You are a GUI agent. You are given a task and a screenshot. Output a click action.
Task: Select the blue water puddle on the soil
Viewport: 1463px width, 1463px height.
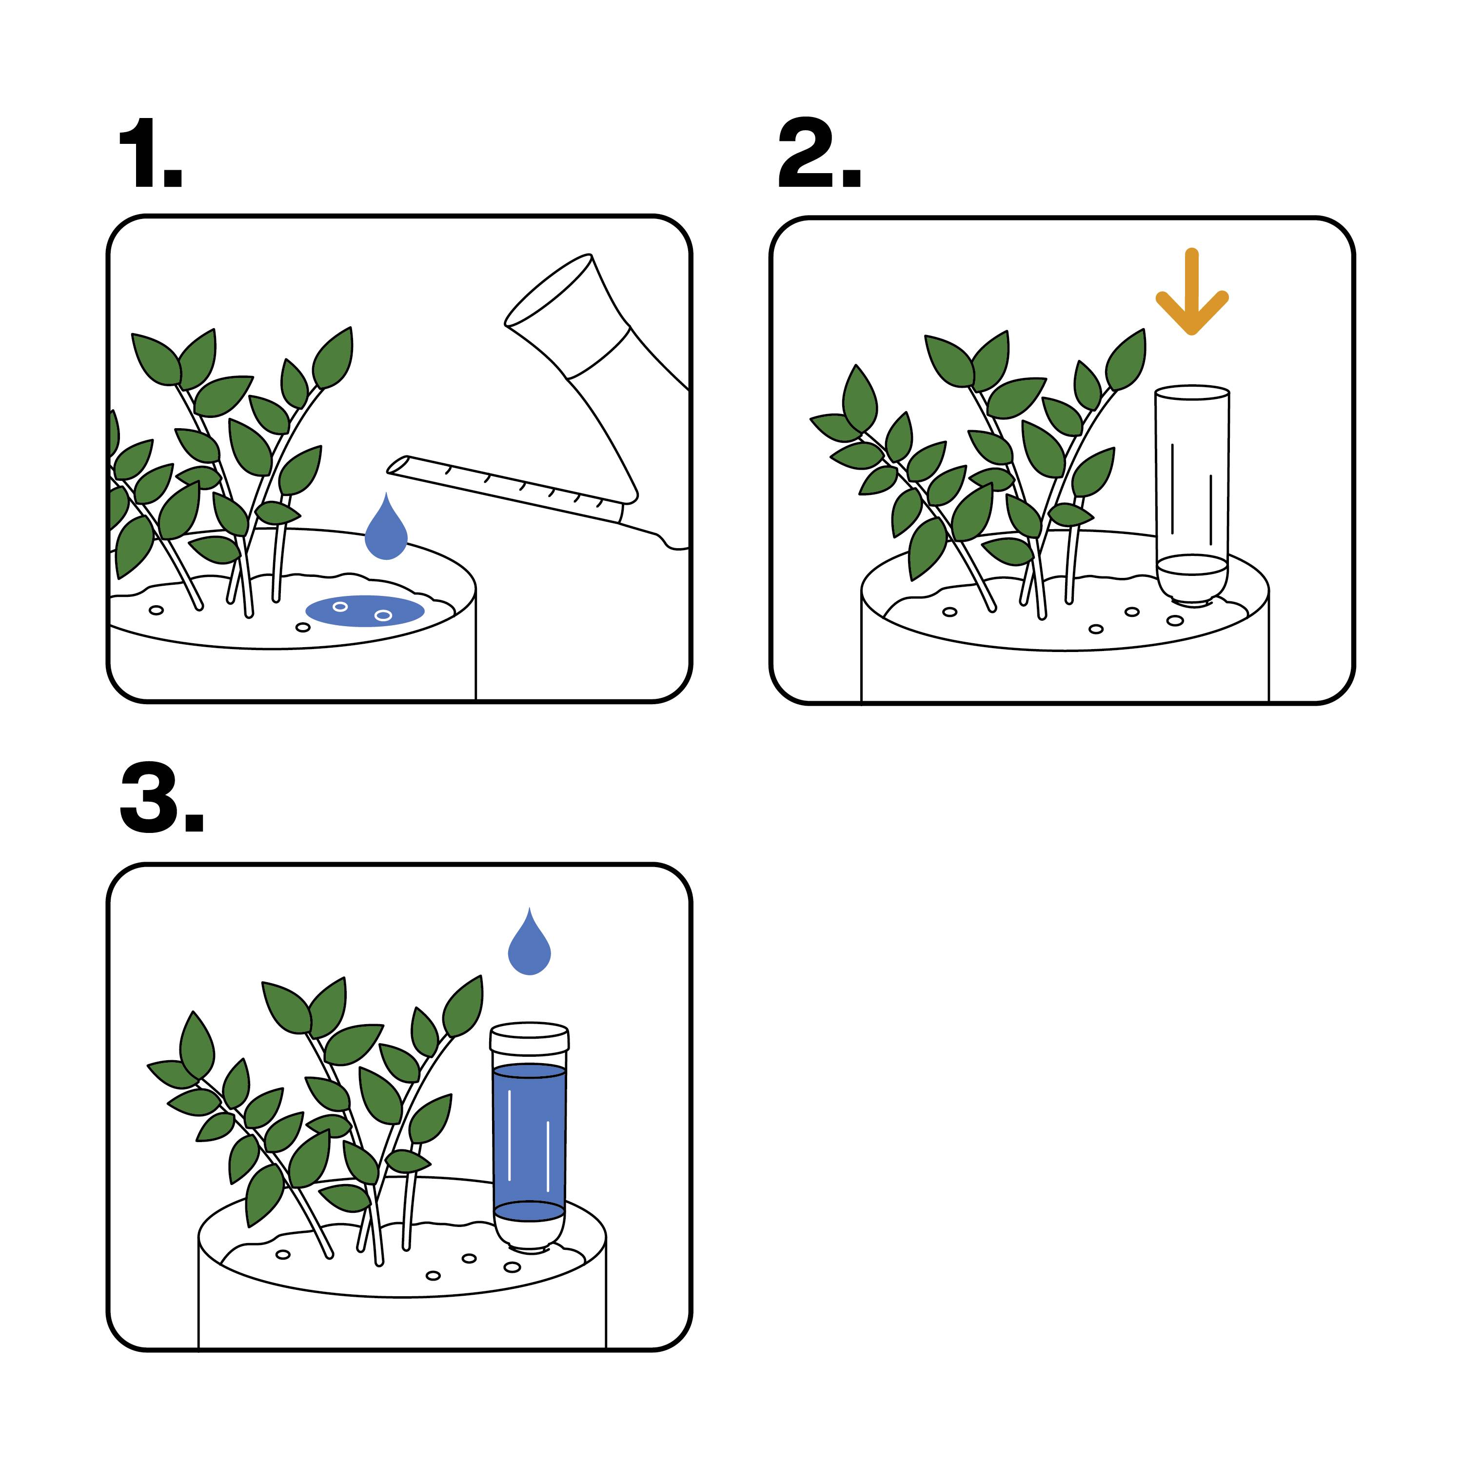(365, 611)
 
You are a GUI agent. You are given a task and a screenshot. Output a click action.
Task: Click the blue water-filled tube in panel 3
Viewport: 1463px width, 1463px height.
(529, 1136)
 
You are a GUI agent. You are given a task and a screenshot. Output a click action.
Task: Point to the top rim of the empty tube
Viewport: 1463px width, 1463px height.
(1191, 392)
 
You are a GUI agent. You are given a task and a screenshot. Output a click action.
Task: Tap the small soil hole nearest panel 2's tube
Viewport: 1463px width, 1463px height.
(1174, 620)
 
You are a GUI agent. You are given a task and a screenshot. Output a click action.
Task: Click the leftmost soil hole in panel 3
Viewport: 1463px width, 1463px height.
(282, 1255)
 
